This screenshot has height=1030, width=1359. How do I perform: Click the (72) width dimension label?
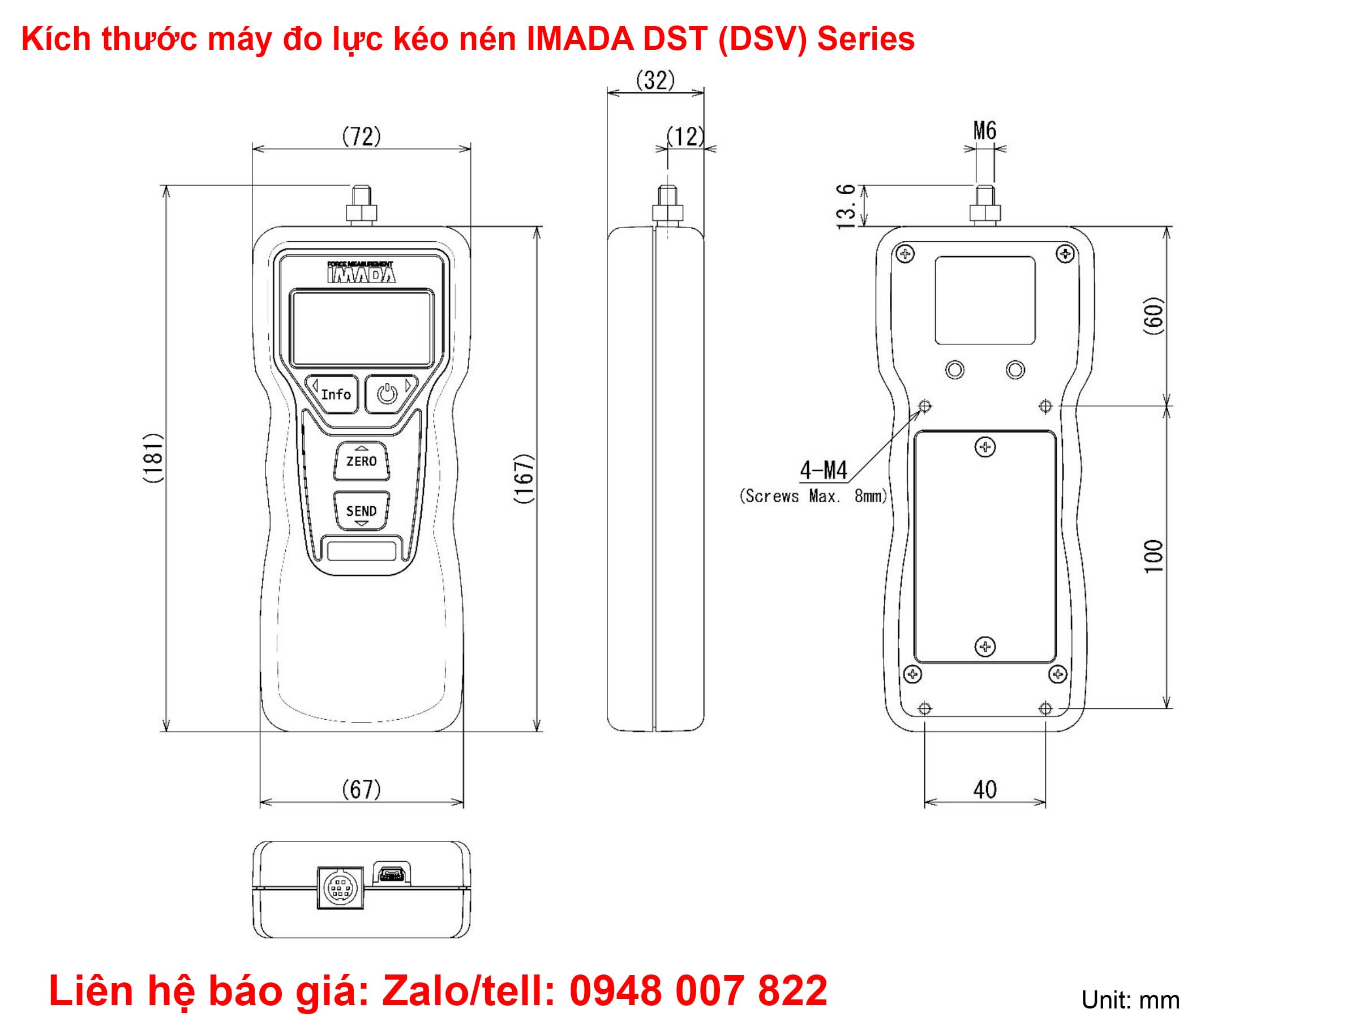pyautogui.click(x=361, y=136)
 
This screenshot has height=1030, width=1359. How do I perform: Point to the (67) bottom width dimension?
pyautogui.click(x=361, y=789)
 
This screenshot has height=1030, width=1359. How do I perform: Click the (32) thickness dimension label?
pyautogui.click(x=655, y=80)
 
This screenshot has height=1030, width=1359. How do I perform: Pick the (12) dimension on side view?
pyautogui.click(x=685, y=136)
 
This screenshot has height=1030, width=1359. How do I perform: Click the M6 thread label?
pyautogui.click(x=984, y=130)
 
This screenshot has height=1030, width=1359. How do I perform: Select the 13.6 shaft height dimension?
pyautogui.click(x=847, y=206)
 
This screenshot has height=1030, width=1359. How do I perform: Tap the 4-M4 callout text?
pyautogui.click(x=823, y=471)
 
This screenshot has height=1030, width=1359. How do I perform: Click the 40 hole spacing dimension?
pyautogui.click(x=984, y=790)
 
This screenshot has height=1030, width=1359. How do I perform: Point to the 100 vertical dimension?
pyautogui.click(x=1154, y=556)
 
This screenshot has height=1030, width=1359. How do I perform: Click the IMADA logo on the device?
pyautogui.click(x=361, y=273)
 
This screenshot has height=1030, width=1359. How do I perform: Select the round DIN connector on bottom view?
pyautogui.click(x=340, y=888)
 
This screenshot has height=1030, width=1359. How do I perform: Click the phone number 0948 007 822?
pyautogui.click(x=698, y=991)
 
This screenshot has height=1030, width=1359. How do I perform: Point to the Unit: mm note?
pyautogui.click(x=1130, y=1001)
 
